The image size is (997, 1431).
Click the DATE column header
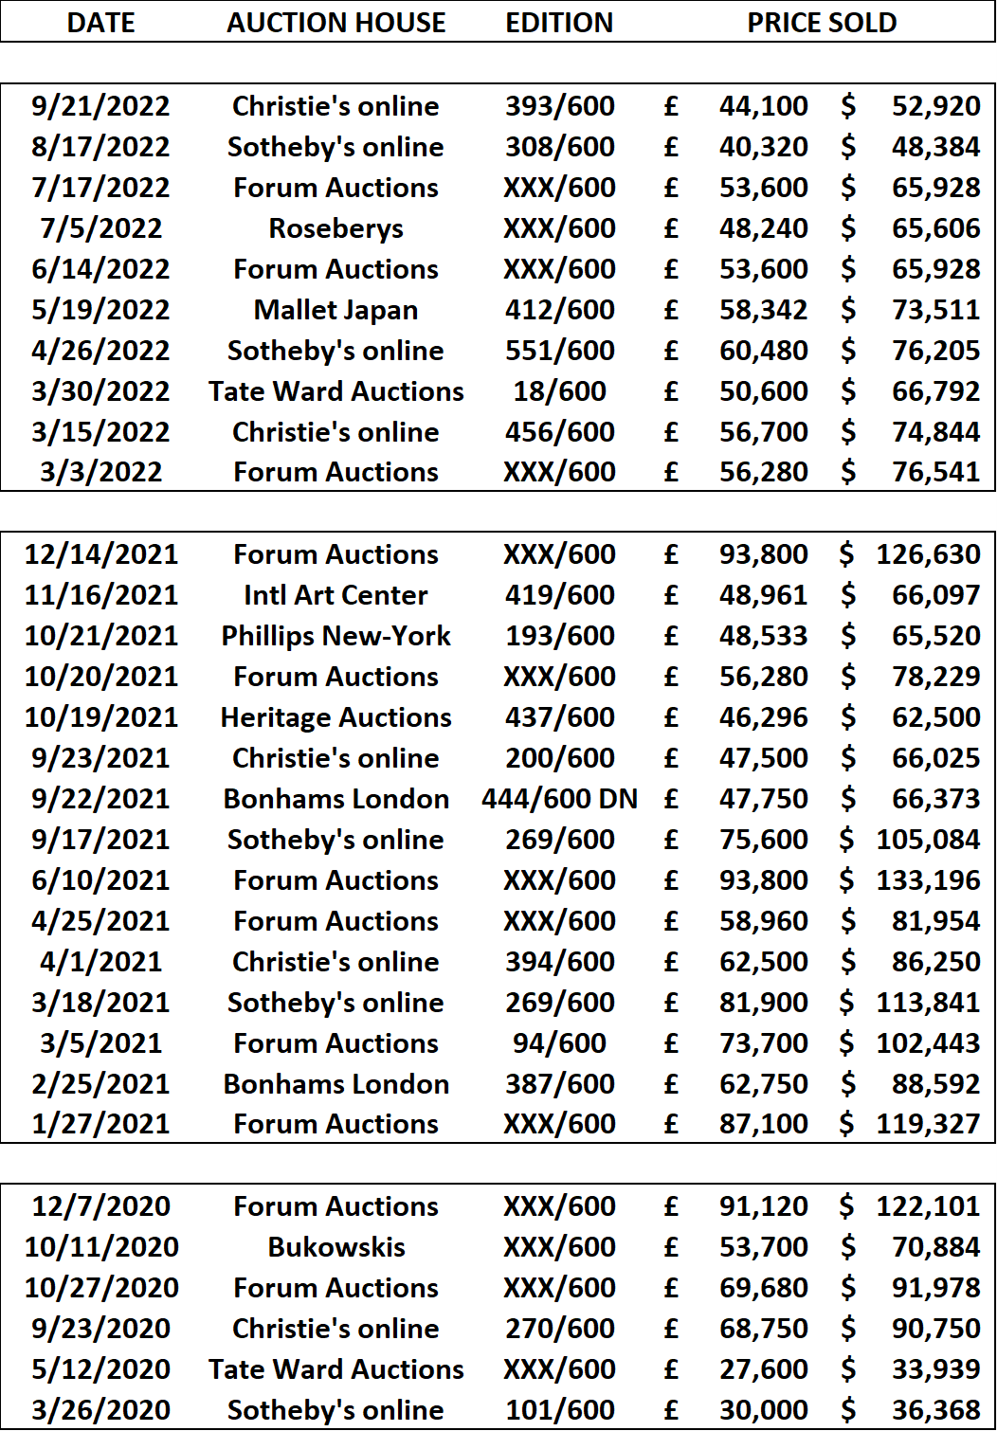(x=100, y=23)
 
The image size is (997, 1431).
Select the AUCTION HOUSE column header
(x=335, y=23)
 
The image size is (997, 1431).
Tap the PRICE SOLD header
(x=822, y=23)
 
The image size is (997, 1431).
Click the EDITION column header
(x=559, y=23)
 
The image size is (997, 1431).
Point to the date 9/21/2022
(x=100, y=106)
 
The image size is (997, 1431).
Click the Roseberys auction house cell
(x=335, y=228)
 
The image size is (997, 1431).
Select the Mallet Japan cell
(x=335, y=311)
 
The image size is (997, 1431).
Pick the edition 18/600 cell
(x=559, y=391)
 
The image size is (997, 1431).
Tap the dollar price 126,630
(x=928, y=554)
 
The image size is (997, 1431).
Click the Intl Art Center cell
(x=335, y=595)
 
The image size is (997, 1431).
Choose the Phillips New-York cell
(x=335, y=636)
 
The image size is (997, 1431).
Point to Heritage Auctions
(x=335, y=718)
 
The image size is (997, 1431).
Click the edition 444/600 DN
(x=559, y=799)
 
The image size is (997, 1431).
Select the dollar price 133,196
(x=928, y=881)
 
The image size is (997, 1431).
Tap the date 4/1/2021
(x=100, y=962)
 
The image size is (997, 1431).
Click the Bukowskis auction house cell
(x=335, y=1248)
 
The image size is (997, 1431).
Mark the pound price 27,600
(x=764, y=1369)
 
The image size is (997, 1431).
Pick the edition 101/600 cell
(x=559, y=1410)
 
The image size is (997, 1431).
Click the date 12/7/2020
(x=100, y=1206)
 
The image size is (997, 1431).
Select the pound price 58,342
(x=764, y=311)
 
